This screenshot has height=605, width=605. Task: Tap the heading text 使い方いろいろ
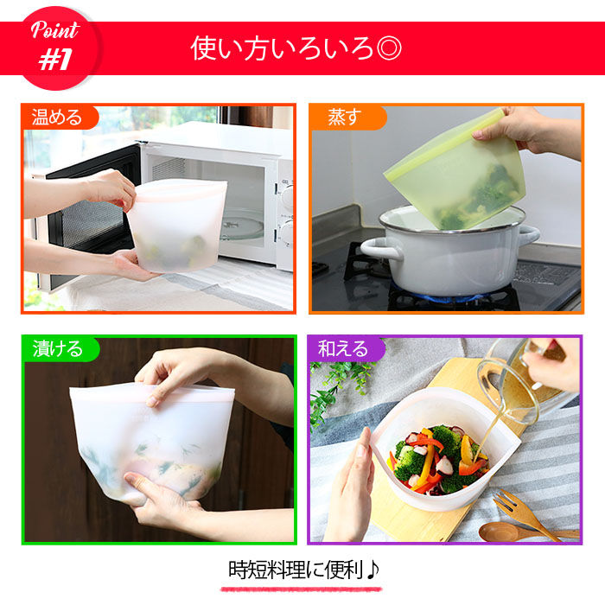[x=283, y=48]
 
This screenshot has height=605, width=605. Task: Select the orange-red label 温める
[x=57, y=117]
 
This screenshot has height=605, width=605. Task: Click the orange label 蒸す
[x=345, y=117]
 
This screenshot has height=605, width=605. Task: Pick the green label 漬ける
[x=58, y=349]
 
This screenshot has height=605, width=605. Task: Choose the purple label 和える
[x=343, y=349]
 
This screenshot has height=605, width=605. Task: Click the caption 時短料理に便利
[x=296, y=570]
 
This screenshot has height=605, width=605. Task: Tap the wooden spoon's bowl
[x=498, y=532]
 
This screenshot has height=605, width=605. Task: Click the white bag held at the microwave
[x=177, y=225]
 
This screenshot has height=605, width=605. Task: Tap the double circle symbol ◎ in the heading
[x=389, y=48]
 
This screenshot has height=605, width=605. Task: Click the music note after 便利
[x=373, y=570]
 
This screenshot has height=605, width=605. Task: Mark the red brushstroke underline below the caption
[x=301, y=589]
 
